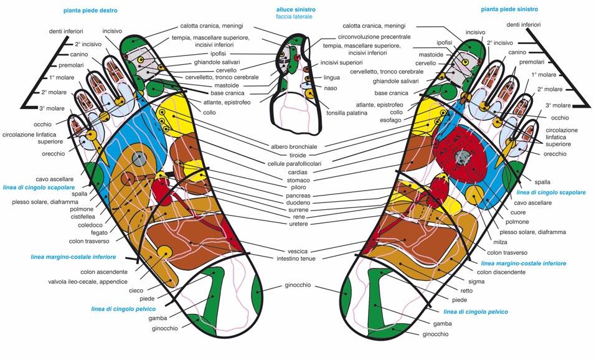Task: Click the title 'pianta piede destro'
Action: point(90,11)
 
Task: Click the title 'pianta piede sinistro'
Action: point(509,10)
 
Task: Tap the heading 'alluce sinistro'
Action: point(296,10)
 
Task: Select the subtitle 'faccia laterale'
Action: point(296,17)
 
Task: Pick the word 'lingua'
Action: point(331,78)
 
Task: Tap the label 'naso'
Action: point(329,89)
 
